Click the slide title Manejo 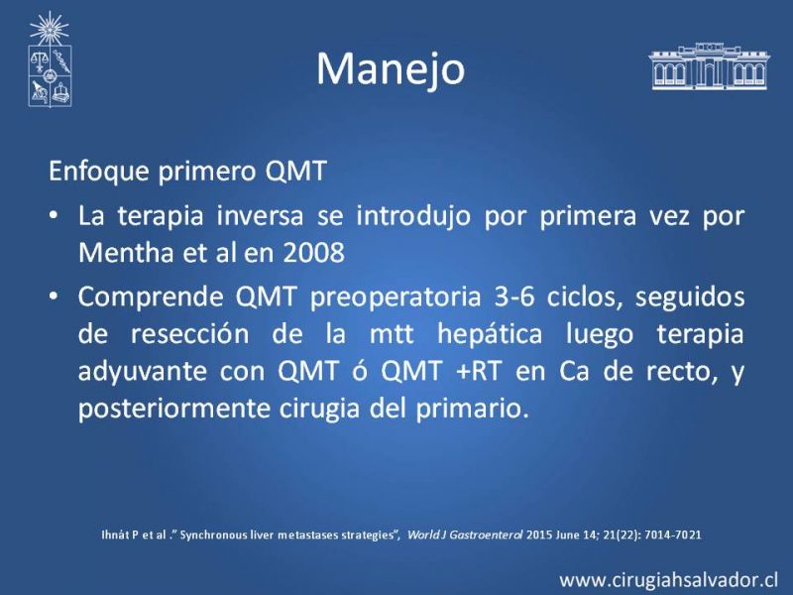click(391, 69)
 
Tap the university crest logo click(50, 59)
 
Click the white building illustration click(709, 66)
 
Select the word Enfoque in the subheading click(99, 172)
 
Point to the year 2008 click(313, 253)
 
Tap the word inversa click(261, 216)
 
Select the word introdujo click(413, 217)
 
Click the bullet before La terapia click(54, 216)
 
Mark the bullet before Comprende click(54, 297)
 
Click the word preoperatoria click(395, 297)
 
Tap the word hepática click(490, 335)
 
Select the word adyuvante click(143, 372)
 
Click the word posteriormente click(174, 409)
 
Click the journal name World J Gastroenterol click(465, 535)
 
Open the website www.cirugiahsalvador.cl click(668, 580)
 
